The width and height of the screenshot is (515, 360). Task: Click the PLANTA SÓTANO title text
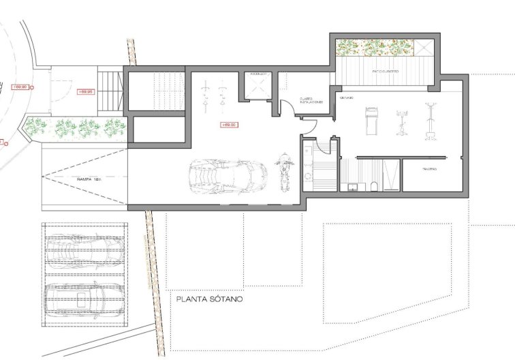[209, 299]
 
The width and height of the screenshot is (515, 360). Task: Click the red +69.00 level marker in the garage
[229, 125]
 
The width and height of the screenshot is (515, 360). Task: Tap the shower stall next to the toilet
[390, 176]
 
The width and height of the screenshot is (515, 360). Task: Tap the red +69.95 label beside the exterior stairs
[87, 91]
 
